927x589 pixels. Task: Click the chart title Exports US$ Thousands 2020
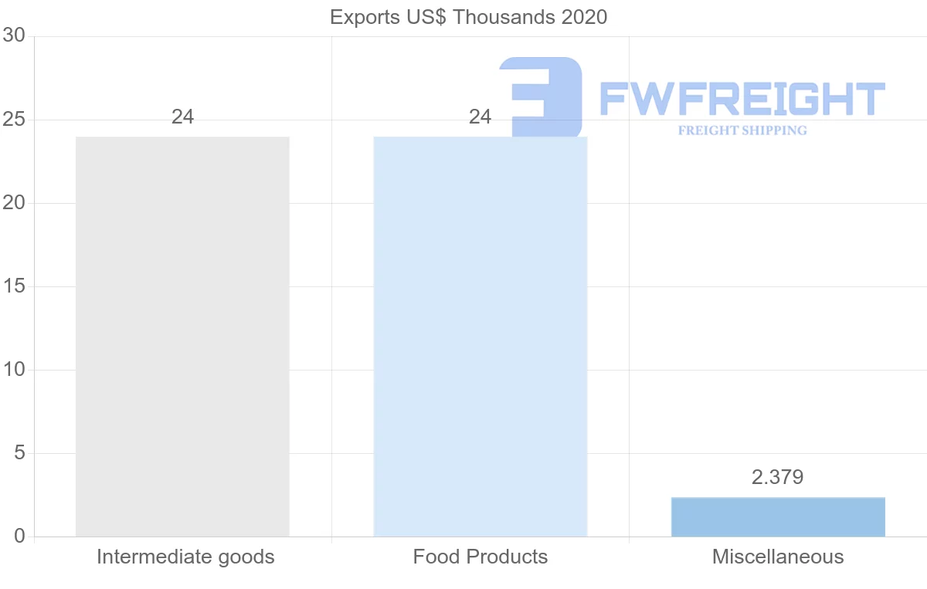(468, 17)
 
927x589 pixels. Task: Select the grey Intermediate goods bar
(182, 337)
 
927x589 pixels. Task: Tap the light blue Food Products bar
(480, 337)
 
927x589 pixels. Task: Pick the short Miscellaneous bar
(778, 517)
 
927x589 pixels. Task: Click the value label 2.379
(777, 477)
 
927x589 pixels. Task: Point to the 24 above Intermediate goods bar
(182, 117)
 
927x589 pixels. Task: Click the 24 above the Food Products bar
(480, 117)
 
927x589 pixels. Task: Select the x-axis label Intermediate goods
(185, 557)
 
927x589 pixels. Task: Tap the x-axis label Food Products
(480, 557)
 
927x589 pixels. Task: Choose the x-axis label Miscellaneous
(778, 557)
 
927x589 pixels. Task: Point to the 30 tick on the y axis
(14, 36)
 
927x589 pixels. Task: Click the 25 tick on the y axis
(14, 120)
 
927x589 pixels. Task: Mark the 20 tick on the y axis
(14, 203)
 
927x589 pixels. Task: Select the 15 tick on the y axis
(14, 286)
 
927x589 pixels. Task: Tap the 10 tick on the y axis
(14, 370)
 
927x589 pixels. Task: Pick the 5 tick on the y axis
(19, 453)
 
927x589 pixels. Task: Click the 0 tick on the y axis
(19, 537)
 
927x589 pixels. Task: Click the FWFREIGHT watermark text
(742, 99)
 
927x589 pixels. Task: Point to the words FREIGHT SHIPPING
(742, 130)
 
